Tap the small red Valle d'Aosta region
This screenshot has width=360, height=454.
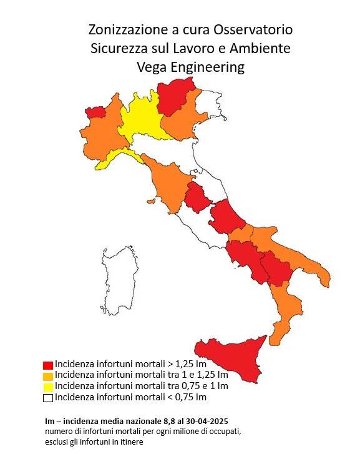click(95, 112)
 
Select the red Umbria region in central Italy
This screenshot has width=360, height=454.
click(197, 199)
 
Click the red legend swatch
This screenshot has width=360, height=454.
click(47, 364)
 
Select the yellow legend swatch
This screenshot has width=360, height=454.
click(47, 387)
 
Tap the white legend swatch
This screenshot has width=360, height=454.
click(47, 398)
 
